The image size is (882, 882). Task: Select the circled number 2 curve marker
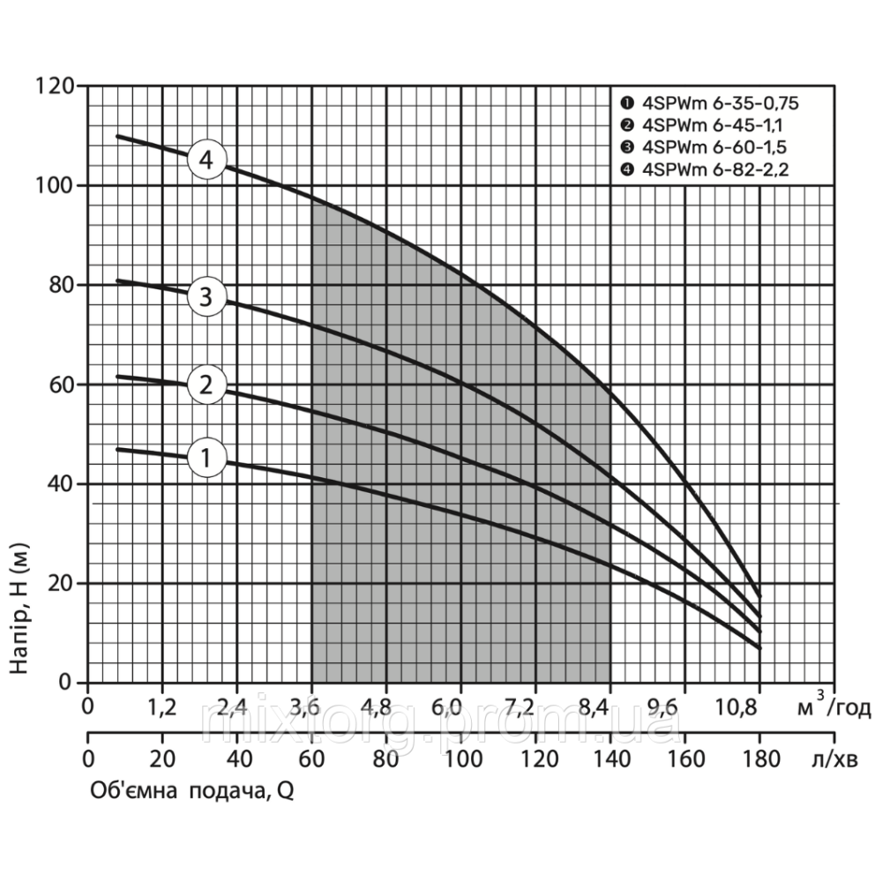206,385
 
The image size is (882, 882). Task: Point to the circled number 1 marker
206,458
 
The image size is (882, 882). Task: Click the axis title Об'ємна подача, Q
191,792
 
